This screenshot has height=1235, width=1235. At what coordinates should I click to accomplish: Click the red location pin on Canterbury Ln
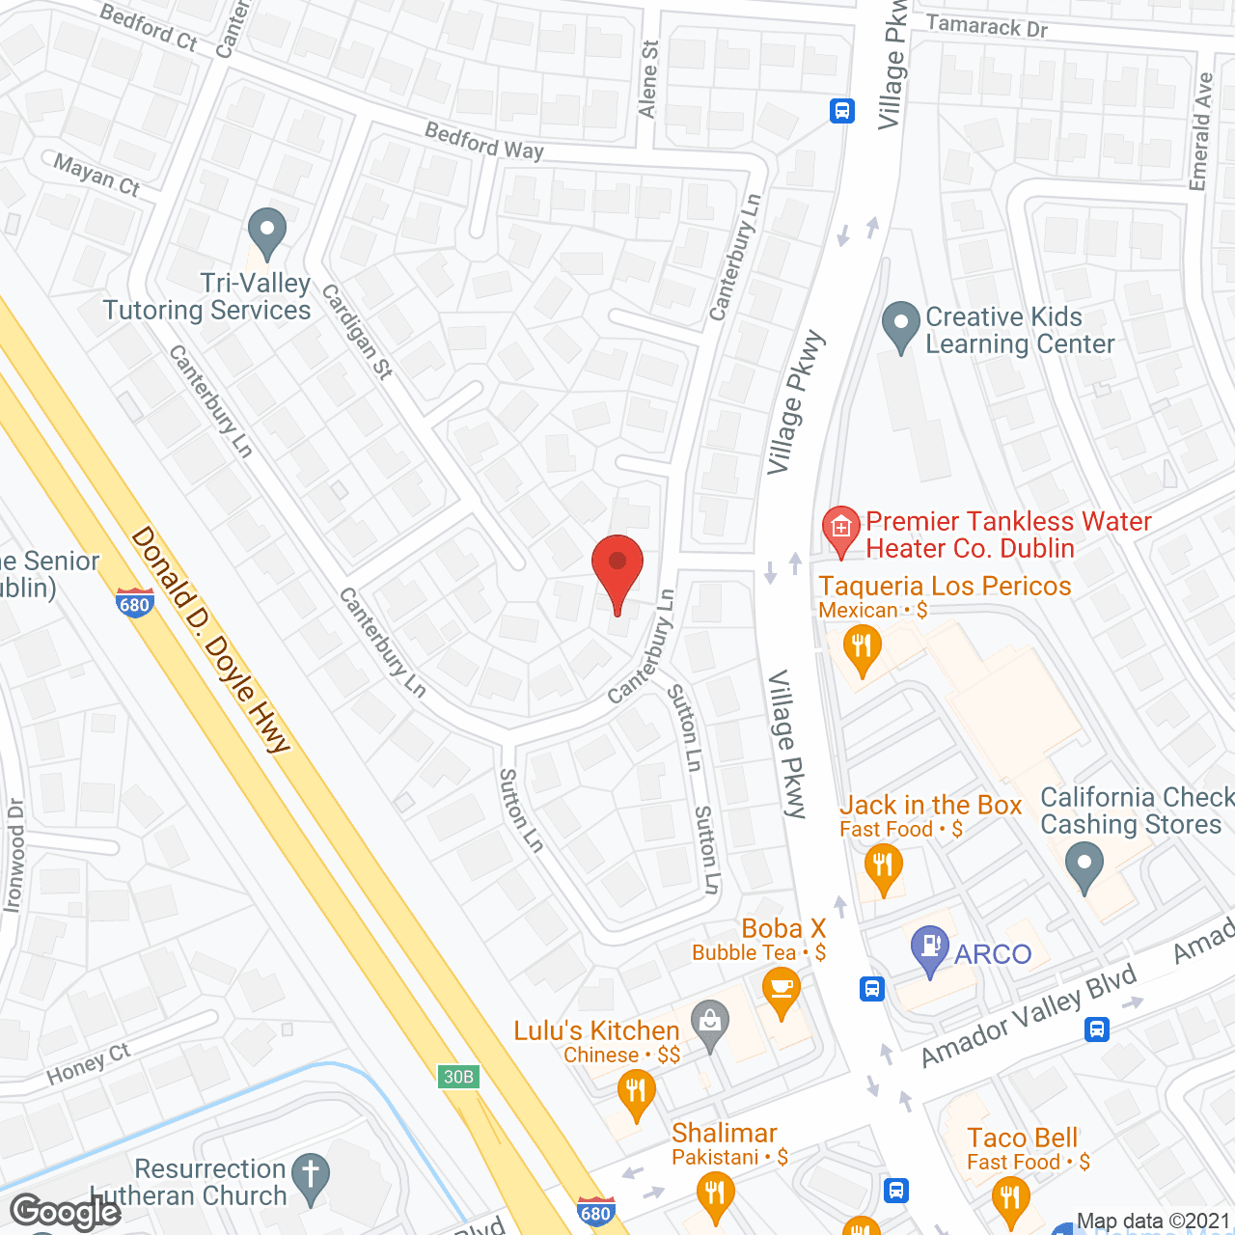pyautogui.click(x=617, y=570)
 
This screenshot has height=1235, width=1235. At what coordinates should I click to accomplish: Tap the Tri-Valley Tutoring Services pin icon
pyautogui.click(x=267, y=233)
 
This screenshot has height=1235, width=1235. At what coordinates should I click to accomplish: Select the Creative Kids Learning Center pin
pyautogui.click(x=901, y=326)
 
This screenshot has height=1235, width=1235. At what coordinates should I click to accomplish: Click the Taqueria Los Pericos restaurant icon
pyautogui.click(x=862, y=649)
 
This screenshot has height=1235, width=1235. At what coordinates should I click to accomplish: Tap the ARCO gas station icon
pyautogui.click(x=930, y=948)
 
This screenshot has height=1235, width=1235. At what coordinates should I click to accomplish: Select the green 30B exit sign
pyautogui.click(x=458, y=1077)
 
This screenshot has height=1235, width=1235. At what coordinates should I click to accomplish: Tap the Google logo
pyautogui.click(x=66, y=1212)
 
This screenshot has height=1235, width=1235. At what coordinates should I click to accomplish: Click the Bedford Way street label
pyautogui.click(x=484, y=141)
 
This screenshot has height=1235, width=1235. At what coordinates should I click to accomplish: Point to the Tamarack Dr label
pyautogui.click(x=986, y=26)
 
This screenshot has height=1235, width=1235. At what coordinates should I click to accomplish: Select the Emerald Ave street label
pyautogui.click(x=1201, y=131)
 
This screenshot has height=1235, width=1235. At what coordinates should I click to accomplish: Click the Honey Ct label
pyautogui.click(x=88, y=1063)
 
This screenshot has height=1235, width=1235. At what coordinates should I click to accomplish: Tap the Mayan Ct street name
pyautogui.click(x=96, y=175)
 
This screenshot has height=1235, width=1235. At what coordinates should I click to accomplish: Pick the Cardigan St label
pyautogui.click(x=357, y=331)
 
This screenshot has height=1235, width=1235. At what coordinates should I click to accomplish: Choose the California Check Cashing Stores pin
pyautogui.click(x=1084, y=865)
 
